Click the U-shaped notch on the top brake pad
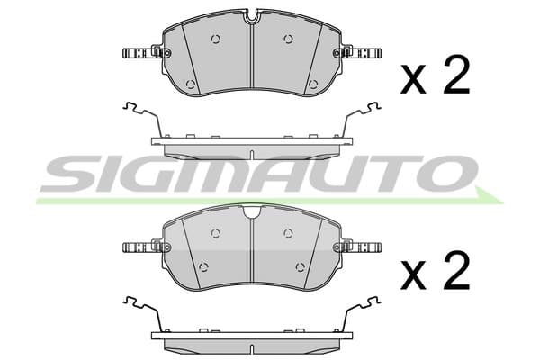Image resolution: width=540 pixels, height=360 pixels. (x=253, y=17)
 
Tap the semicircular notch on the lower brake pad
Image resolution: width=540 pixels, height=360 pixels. (x=252, y=211)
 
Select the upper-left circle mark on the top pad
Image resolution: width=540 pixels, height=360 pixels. (x=216, y=40)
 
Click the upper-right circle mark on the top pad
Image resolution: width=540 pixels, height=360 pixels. (x=289, y=40)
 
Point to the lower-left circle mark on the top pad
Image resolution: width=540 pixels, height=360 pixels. (x=191, y=85)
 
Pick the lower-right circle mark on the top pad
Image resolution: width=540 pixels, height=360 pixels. (x=313, y=85)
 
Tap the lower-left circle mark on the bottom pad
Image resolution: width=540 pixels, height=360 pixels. (x=204, y=266)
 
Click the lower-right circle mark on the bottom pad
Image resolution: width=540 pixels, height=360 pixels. (x=301, y=266)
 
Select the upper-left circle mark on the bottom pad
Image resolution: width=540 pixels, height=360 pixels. (x=216, y=234)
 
